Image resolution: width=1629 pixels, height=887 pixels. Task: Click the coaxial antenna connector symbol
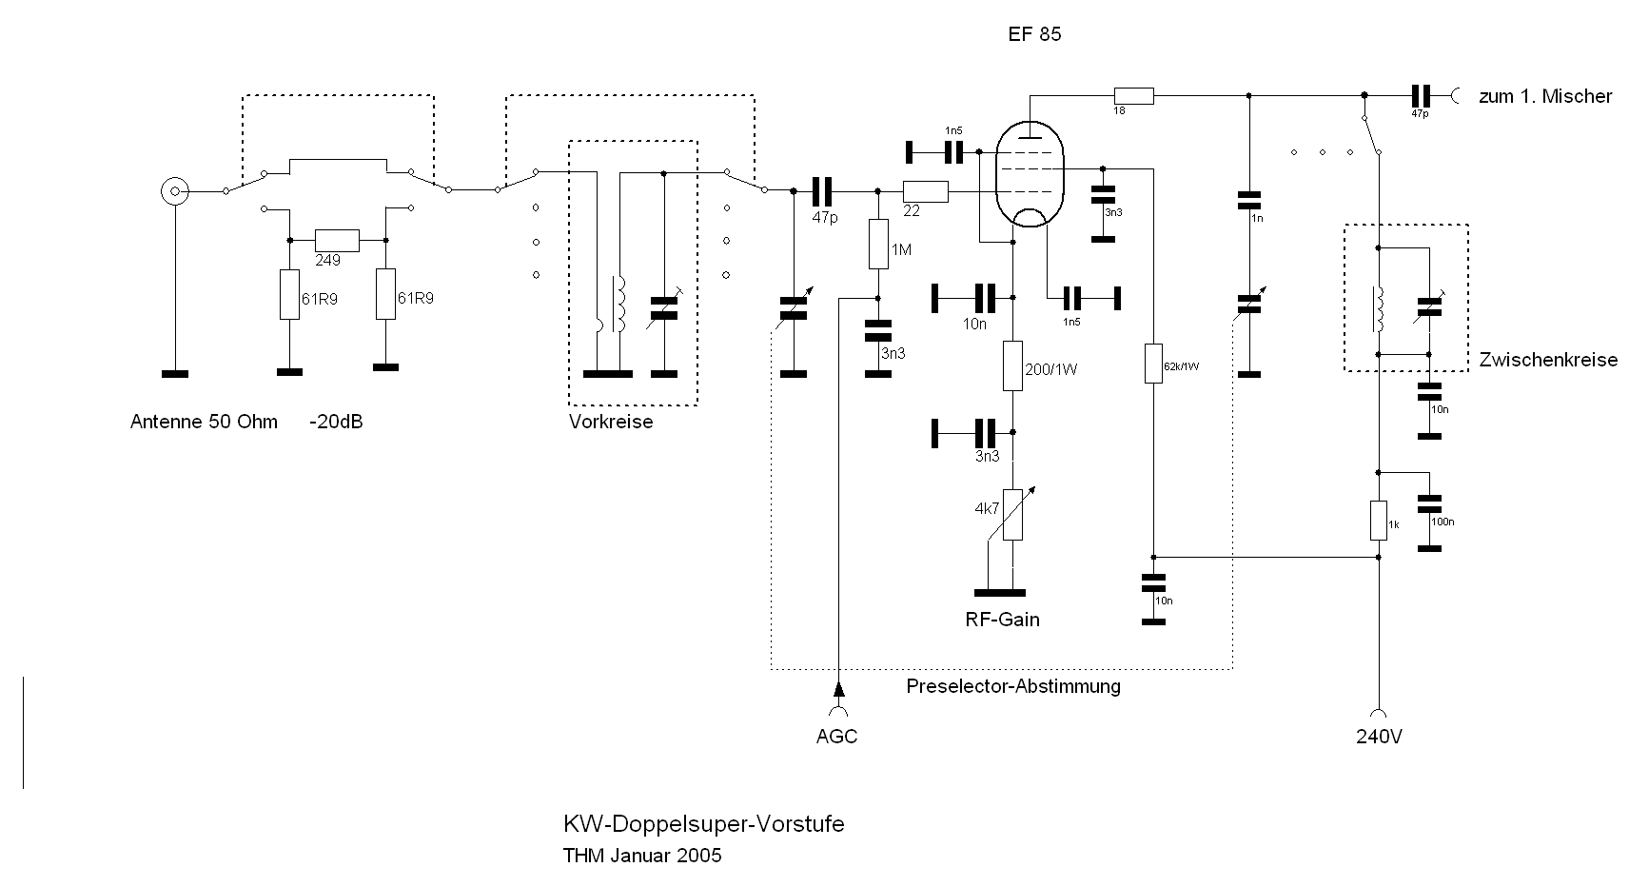(x=174, y=191)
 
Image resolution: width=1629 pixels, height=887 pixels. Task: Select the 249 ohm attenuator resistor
(x=337, y=240)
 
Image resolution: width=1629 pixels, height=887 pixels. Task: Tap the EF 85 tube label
(x=1034, y=34)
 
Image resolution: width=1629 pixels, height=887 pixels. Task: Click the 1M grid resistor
(x=878, y=245)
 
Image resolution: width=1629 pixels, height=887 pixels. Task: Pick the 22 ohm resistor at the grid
(x=926, y=191)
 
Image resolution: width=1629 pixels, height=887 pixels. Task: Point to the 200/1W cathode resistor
(x=1013, y=366)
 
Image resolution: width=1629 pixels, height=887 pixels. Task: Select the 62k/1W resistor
(x=1153, y=364)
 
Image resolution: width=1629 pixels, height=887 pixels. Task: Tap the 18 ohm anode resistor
(x=1134, y=95)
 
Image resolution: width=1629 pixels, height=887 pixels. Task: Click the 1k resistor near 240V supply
(x=1378, y=521)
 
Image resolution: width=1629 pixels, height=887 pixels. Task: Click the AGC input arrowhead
(x=838, y=688)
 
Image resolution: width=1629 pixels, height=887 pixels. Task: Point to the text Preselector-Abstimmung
(x=1013, y=686)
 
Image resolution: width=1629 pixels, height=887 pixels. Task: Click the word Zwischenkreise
(x=1548, y=360)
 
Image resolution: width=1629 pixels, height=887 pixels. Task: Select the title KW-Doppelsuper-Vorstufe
(x=703, y=824)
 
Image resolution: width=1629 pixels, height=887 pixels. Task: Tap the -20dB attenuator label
(x=335, y=422)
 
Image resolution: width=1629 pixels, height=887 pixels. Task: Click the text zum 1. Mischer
(x=1545, y=96)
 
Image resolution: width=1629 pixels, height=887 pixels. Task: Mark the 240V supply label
(x=1379, y=737)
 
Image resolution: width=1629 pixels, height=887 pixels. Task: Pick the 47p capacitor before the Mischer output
(x=1421, y=95)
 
